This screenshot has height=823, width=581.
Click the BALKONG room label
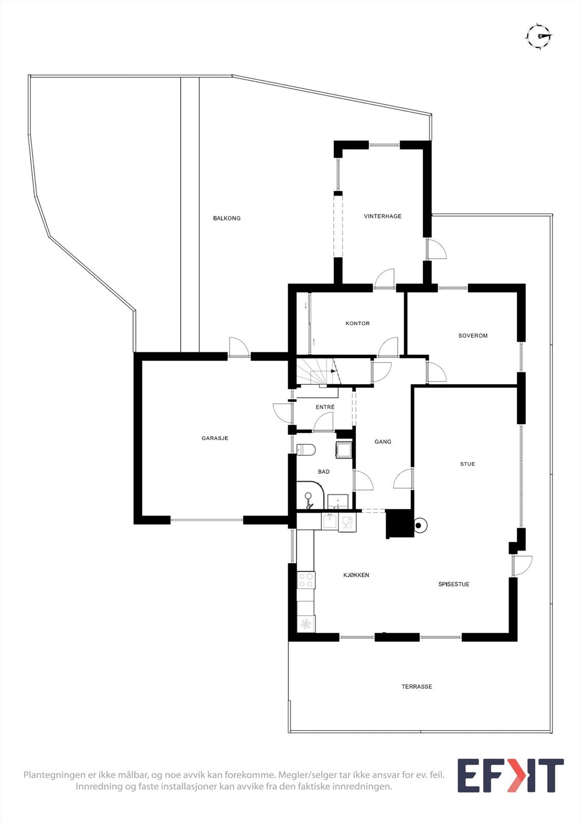pos(227,218)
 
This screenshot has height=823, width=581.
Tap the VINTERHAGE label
pos(382,216)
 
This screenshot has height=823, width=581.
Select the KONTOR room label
pos(358,324)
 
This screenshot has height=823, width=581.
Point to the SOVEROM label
pos(473,335)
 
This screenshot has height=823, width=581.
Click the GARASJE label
pos(215,438)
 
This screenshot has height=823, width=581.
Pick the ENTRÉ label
pos(325,407)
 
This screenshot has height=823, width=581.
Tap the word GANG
pos(383,441)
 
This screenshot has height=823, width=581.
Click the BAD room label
pos(324,472)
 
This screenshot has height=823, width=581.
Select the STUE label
pos(467,464)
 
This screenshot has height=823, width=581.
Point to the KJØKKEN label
pos(356,575)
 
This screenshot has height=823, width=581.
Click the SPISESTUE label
pos(454,584)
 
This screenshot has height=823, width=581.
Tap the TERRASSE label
pos(417,687)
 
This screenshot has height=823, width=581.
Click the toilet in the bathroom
pos(306,450)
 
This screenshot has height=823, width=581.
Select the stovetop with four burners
pos(306,580)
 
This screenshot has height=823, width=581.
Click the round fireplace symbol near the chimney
pos(419,526)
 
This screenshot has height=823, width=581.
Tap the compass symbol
pos(538,35)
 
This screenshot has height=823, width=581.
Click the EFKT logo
pos(510,776)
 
